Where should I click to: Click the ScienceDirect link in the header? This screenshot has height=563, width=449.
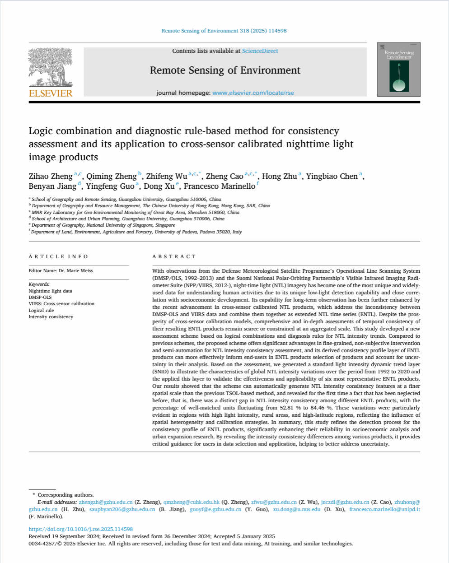260,51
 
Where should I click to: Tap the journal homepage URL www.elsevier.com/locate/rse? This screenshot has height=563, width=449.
253,93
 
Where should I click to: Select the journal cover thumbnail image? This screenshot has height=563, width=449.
398,70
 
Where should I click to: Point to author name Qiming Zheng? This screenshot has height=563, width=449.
111,176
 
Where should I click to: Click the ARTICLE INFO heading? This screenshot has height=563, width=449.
58,256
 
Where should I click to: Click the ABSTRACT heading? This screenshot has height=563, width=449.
174,256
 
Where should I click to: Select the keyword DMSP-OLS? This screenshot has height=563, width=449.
40,298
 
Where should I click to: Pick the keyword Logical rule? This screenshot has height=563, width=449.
41,310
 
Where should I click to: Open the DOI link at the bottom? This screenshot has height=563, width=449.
80,529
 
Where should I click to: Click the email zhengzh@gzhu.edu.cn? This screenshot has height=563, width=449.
106,502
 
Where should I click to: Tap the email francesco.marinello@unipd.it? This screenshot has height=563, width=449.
384,509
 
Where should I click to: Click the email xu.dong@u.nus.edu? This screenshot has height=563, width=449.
296,509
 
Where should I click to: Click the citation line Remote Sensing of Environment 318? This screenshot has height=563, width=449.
224,31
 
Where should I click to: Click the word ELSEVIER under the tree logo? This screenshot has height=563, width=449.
51,93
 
